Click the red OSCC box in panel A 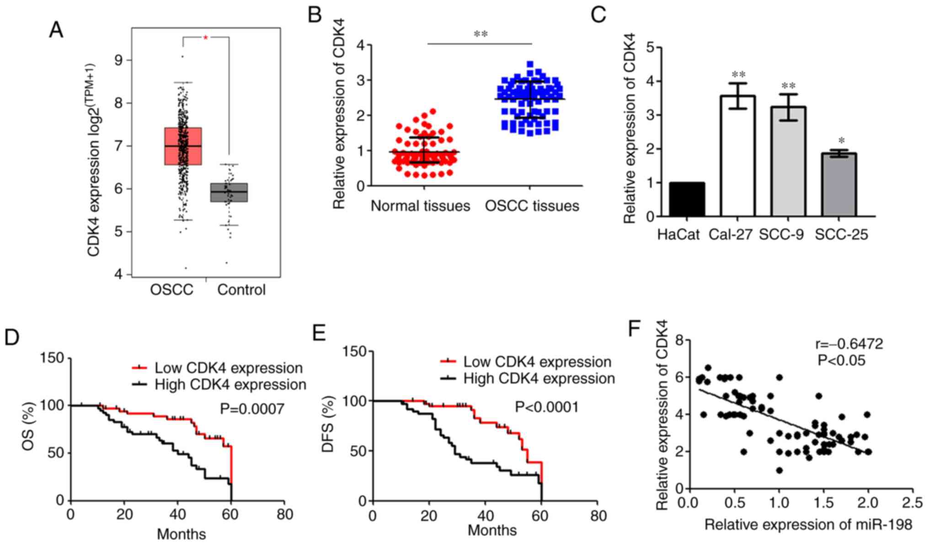[x=183, y=146]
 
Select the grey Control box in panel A [x=229, y=192]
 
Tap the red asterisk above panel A [x=206, y=38]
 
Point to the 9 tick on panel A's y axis [x=119, y=60]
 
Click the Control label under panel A [x=241, y=290]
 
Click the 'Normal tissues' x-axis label [x=420, y=206]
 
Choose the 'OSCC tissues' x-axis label [x=532, y=206]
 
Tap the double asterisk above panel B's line [x=481, y=34]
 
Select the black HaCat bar [x=687, y=200]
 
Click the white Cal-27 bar [x=737, y=156]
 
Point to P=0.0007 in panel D [x=252, y=409]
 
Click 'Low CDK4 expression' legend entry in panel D [x=228, y=368]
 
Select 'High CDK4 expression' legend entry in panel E [x=539, y=378]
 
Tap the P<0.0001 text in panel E [x=547, y=407]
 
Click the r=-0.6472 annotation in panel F [x=849, y=344]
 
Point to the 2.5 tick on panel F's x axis [x=912, y=503]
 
